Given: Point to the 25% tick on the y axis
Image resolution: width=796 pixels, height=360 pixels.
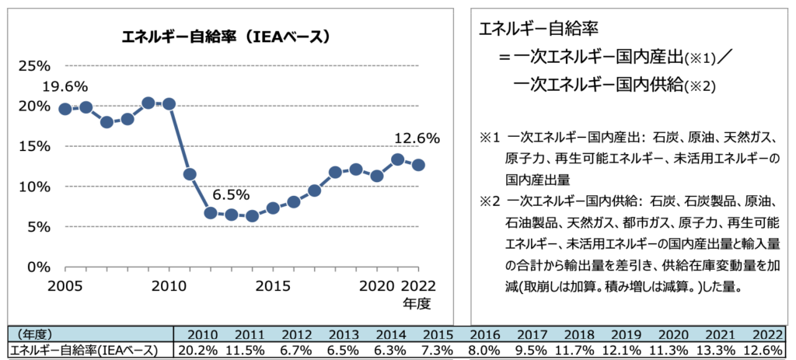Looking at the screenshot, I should click(34, 65).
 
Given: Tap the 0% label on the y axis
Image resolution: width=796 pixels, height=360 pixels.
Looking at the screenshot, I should click(39, 267).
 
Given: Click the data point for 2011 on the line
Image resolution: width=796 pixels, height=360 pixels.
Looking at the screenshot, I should click(190, 174).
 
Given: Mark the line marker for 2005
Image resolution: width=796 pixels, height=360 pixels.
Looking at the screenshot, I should click(65, 109).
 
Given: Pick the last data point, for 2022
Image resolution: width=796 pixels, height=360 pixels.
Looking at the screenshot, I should click(418, 165).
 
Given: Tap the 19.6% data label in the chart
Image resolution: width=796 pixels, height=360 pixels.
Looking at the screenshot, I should click(65, 86).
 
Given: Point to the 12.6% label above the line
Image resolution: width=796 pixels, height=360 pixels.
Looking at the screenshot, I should click(417, 138).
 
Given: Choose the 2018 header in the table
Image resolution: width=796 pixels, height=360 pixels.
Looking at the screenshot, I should click(581, 334).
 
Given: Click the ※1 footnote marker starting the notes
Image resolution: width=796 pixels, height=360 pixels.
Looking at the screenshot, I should click(487, 138).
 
